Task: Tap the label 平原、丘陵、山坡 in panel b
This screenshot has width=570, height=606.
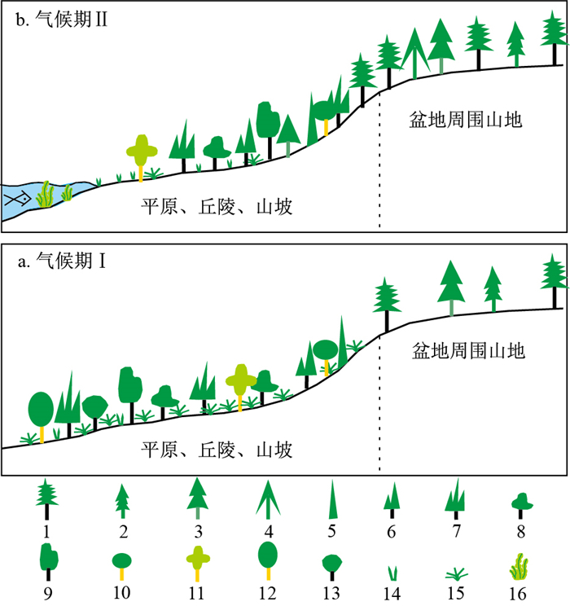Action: coord(217,208)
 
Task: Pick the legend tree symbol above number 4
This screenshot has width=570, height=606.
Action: coord(265,498)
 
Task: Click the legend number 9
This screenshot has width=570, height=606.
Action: coord(47,592)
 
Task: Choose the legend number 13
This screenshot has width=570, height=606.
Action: coord(331,592)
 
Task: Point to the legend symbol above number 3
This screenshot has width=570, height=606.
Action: coord(196,497)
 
